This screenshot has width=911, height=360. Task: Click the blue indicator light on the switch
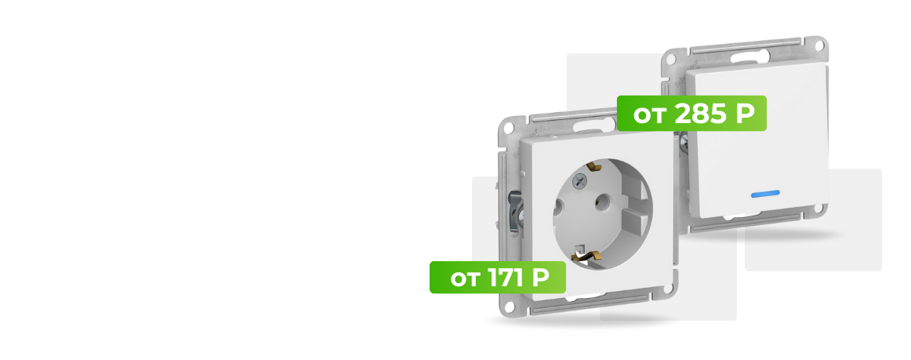(x=765, y=194)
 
